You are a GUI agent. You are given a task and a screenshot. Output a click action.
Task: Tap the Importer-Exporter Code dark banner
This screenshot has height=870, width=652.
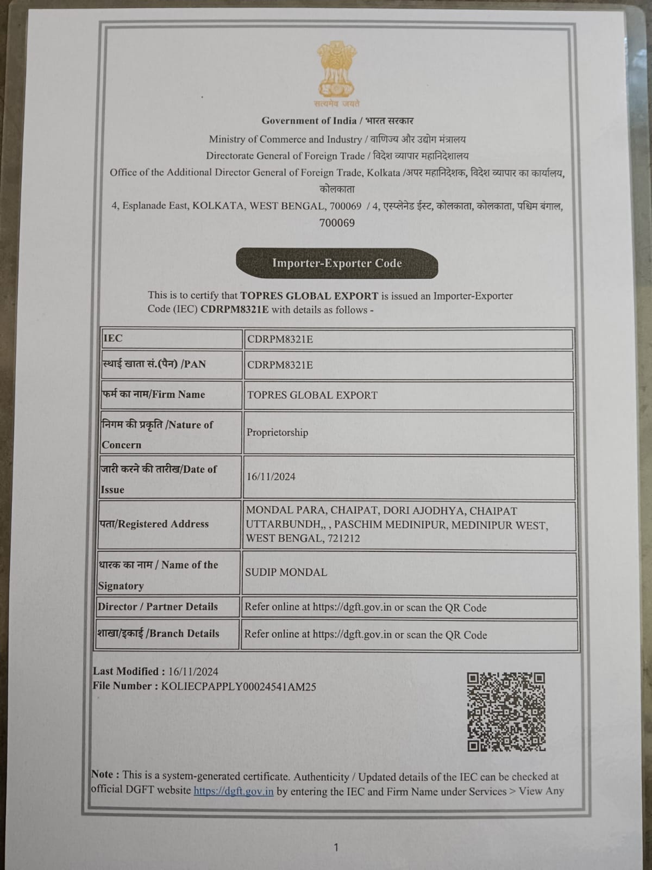pos(337,263)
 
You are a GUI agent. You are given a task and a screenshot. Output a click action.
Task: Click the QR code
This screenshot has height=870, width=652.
pos(506,712)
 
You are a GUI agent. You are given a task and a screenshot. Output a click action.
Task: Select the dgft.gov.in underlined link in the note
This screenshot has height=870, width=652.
pos(233,791)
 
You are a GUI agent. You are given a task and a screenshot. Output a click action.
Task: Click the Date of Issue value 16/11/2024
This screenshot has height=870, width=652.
pos(271,477)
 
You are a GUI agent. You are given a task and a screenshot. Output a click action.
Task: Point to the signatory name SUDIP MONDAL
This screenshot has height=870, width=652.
pos(286,573)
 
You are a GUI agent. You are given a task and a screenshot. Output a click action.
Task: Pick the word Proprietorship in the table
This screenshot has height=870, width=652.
pos(277,433)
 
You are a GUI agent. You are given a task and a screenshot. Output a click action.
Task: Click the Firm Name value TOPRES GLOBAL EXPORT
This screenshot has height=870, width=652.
pos(312,395)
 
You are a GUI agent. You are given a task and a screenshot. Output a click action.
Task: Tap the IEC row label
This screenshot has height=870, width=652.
pos(113,338)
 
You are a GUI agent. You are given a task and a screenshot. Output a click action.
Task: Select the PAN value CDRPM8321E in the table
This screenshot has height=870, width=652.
pos(280,365)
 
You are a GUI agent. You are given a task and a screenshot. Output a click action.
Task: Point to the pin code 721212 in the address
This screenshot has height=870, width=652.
pos(340,539)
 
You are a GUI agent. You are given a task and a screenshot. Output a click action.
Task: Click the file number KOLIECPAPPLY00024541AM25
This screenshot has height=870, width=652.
pos(239,687)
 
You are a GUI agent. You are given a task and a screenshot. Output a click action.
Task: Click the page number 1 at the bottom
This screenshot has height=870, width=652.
pos(336,847)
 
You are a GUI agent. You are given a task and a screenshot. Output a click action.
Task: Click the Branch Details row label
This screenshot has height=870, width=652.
pos(158,633)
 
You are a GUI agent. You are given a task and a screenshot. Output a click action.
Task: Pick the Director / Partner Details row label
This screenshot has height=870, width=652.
pos(158,607)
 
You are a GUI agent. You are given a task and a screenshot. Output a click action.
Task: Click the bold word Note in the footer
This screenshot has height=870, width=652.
pos(102,775)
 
